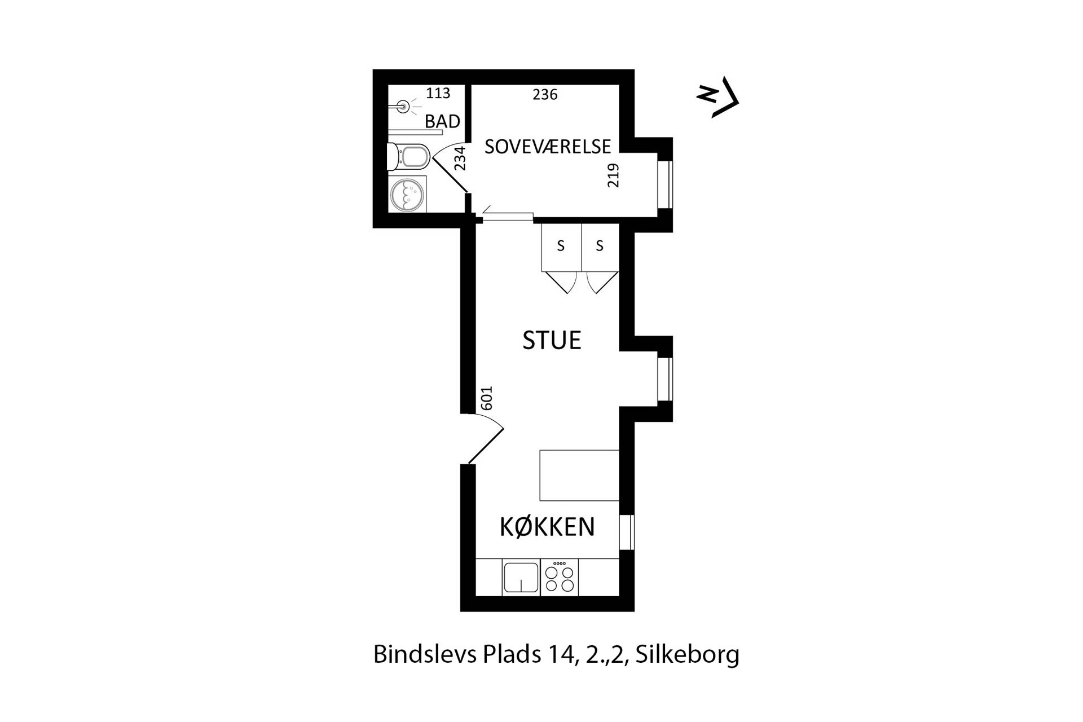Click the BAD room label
pos(442,121)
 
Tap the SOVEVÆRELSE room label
pos(548,147)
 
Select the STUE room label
pos(552,341)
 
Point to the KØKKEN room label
pos(547,527)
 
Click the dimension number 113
pos(438,93)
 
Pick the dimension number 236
pos(545,95)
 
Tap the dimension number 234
pos(460,159)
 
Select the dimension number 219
pos(613,175)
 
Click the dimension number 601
pos(486,398)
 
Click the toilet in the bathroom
pos(410,156)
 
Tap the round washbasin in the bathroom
pos(407,195)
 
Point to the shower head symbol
pos(403,105)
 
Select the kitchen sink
pos(521,578)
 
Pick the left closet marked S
pos(561,246)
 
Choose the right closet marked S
pos(600,246)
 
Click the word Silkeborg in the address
pos(687,655)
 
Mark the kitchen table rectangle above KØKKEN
pos(579,475)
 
